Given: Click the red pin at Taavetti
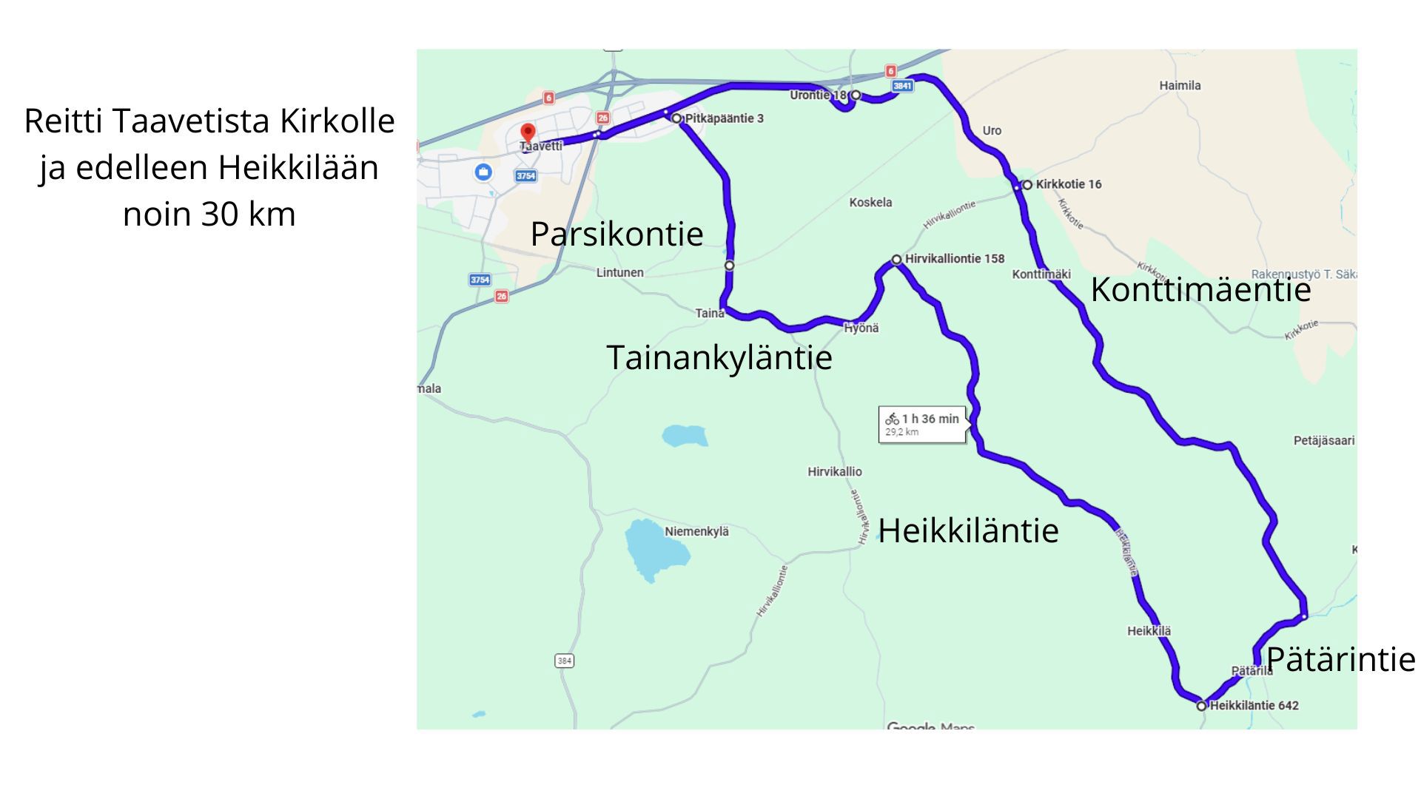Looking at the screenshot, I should [x=528, y=133].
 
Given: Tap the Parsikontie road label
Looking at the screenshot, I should [x=617, y=234].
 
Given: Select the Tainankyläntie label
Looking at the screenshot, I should [x=719, y=357].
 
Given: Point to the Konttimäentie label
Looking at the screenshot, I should [x=1200, y=289].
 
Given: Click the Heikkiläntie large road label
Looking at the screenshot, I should [x=968, y=530].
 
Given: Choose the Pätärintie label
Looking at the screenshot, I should [x=1340, y=659].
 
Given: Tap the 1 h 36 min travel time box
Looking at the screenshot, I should [x=922, y=425].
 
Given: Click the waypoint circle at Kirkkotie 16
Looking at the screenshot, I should [x=1027, y=184].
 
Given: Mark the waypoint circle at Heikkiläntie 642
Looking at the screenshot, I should [x=1201, y=706].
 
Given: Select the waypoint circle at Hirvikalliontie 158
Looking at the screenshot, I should [x=896, y=260].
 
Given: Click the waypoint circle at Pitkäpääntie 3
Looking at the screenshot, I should [x=676, y=118].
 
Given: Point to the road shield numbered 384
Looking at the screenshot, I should [x=564, y=661].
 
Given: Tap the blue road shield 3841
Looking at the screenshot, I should [x=902, y=86].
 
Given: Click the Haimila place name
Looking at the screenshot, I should [x=1180, y=86].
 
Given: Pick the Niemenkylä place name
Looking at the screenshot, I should [x=696, y=531].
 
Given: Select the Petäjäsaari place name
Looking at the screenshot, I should [x=1323, y=441].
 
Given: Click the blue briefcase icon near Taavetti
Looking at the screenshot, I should [x=483, y=172].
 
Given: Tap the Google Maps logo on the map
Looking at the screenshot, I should [x=930, y=727].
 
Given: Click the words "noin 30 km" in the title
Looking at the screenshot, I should [x=209, y=215].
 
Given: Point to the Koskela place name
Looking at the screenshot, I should [x=870, y=203].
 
